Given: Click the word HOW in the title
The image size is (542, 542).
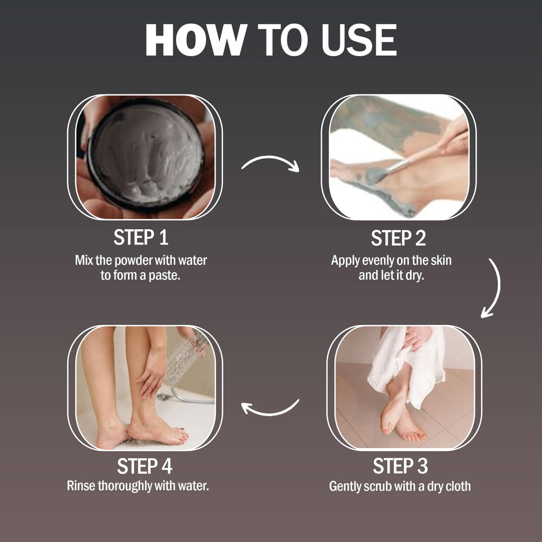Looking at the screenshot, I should pos(195,40).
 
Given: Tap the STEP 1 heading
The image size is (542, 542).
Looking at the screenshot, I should pos(141,238).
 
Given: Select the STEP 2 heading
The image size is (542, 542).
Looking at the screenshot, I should pos(398,238).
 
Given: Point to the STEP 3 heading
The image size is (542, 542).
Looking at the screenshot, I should pos(400,466).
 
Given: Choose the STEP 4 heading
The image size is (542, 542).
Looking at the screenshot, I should pos(144,466).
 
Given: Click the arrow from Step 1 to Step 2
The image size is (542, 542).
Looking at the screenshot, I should pos(270,162).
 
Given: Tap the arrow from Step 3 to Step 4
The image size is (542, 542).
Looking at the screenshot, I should pos(270,408).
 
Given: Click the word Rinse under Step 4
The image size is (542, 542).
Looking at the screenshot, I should pos(81,485).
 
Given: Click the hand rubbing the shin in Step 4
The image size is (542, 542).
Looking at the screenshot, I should pos(152,371).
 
